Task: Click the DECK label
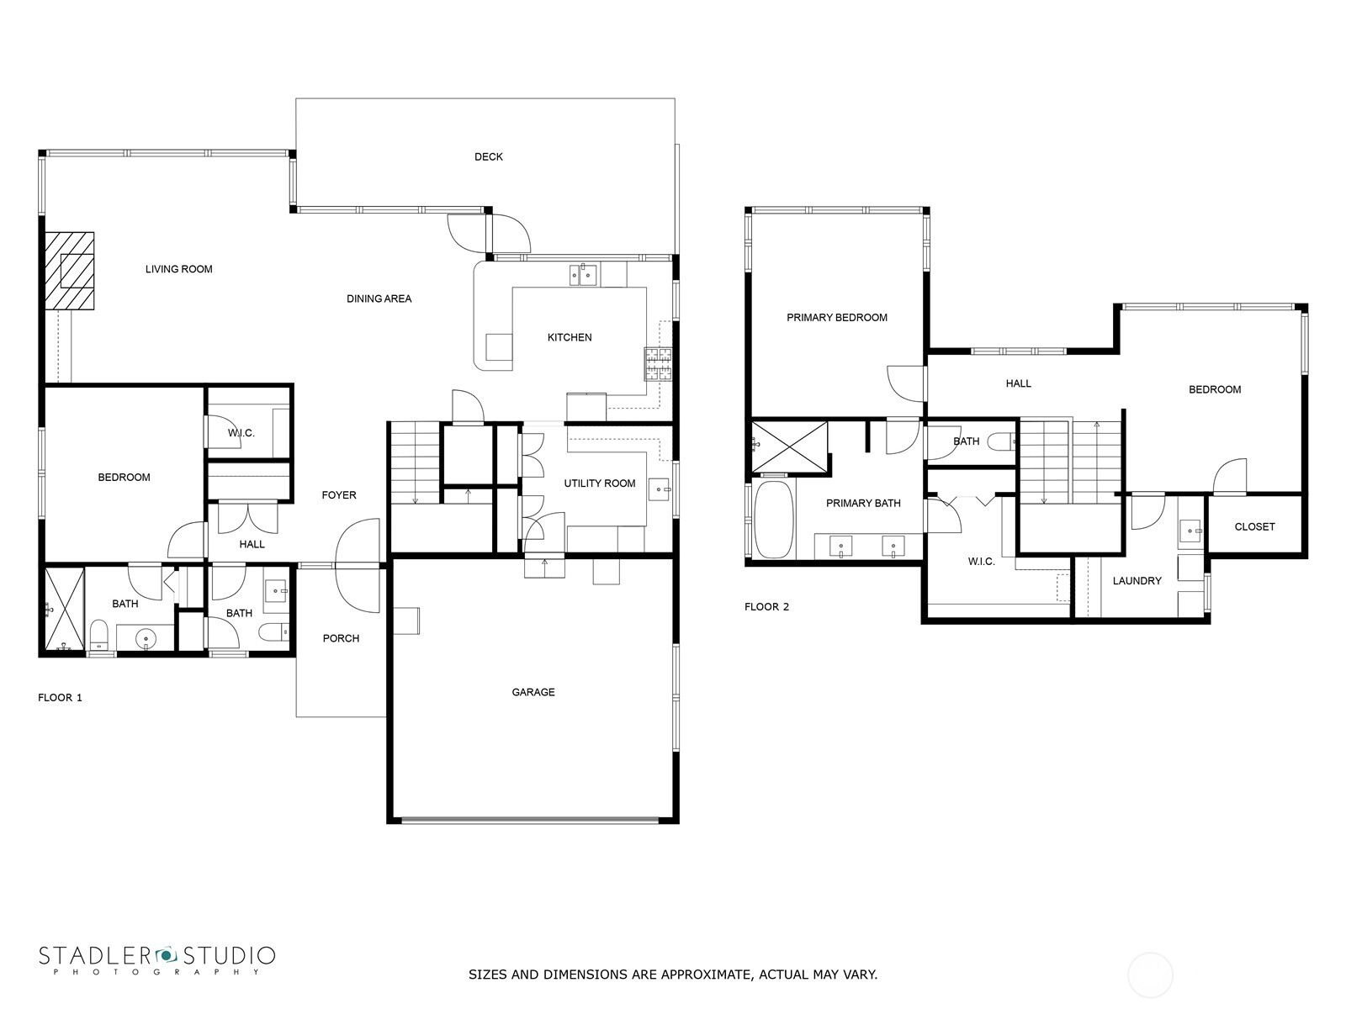(x=488, y=157)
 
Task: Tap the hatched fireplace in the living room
(x=69, y=271)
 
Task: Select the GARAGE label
(x=533, y=692)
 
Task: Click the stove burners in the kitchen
(x=657, y=364)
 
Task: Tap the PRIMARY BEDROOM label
(x=836, y=317)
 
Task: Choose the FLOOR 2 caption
(x=766, y=606)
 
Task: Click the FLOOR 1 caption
(x=60, y=697)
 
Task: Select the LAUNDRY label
(x=1137, y=581)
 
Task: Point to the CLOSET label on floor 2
(x=1254, y=526)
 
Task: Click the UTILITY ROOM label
(x=599, y=483)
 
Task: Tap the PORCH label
(x=341, y=638)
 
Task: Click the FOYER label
(x=338, y=495)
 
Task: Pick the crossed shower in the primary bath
(x=789, y=447)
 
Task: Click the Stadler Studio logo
(x=157, y=959)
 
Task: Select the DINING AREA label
(x=379, y=299)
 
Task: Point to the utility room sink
(x=660, y=489)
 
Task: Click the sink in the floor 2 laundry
(x=1190, y=531)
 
